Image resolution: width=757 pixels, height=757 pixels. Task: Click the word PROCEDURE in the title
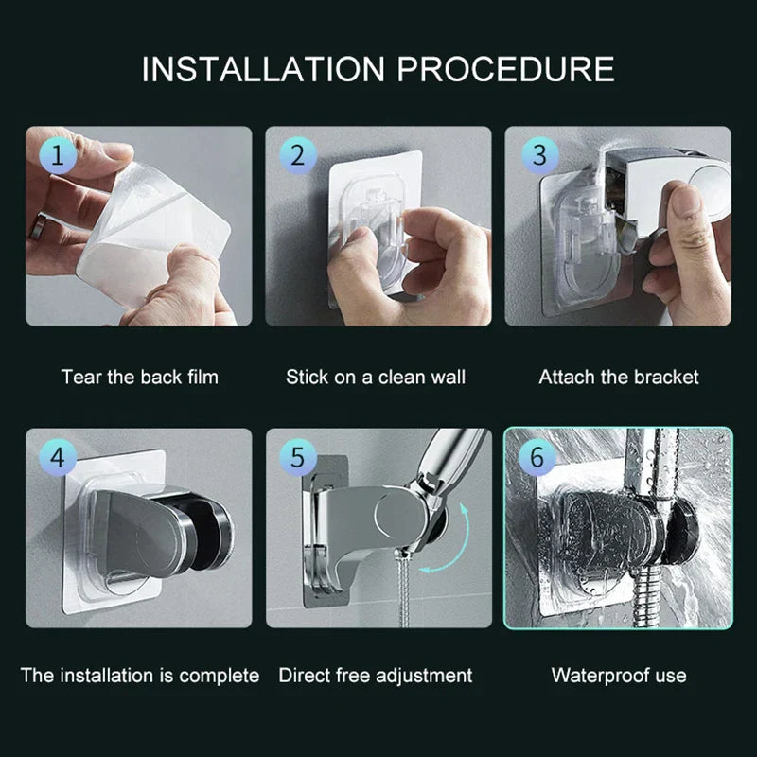coord(505,68)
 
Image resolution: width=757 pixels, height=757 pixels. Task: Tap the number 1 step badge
coord(58,156)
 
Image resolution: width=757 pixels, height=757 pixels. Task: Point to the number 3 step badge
coord(538,155)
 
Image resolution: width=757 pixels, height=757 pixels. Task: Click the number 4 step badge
coord(58,458)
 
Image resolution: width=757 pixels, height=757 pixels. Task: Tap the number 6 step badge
coord(537,458)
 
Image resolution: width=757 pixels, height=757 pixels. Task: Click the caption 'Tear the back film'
coord(139,377)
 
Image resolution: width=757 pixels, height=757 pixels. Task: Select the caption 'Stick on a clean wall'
coord(376,377)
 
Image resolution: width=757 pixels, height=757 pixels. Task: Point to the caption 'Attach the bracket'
coord(619,377)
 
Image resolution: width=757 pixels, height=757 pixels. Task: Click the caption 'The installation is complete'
coord(139,676)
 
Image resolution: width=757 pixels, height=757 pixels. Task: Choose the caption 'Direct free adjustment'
coord(376,676)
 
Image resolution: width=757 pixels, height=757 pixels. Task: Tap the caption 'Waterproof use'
coord(619,676)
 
